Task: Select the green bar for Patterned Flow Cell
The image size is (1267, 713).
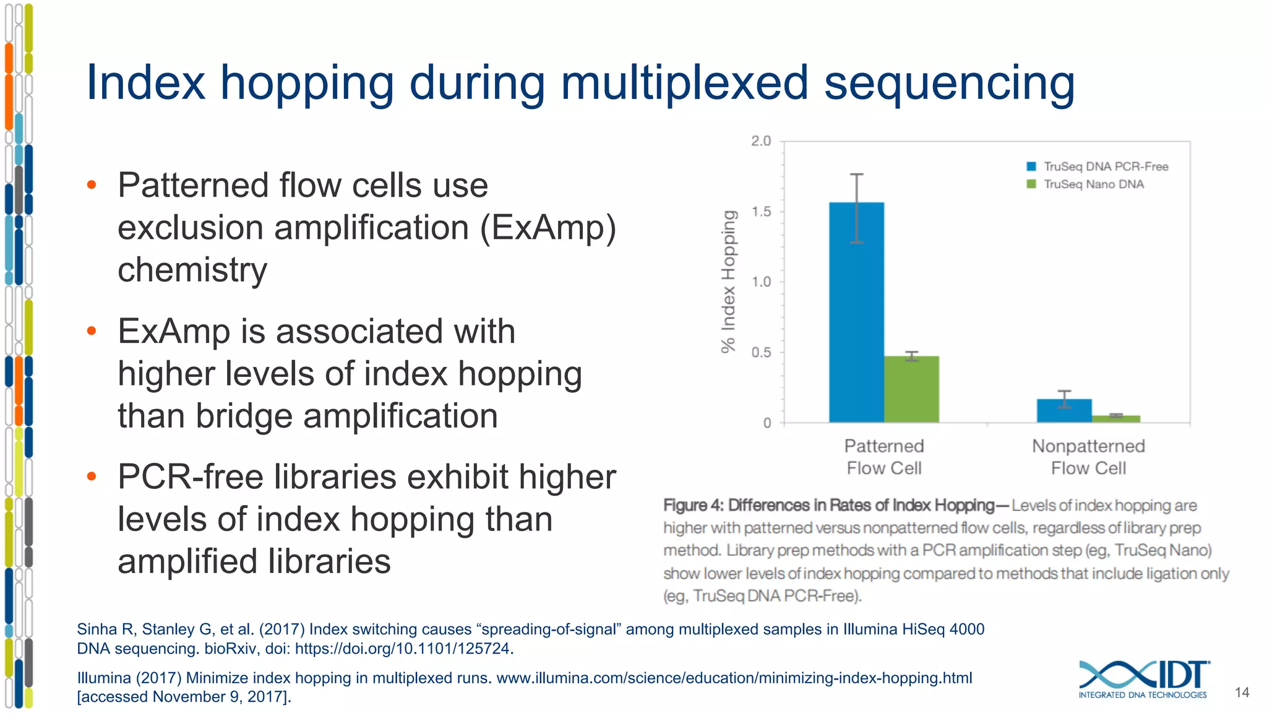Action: click(x=911, y=389)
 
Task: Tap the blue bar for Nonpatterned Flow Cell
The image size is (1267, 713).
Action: click(x=1064, y=411)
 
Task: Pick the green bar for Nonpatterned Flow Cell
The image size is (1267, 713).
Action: click(x=1116, y=419)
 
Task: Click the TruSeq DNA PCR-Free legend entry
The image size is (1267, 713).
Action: click(x=1097, y=166)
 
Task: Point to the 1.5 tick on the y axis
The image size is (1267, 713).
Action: click(x=762, y=212)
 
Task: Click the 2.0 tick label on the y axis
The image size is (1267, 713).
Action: click(x=761, y=141)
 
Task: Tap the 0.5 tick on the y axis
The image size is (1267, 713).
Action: click(x=762, y=352)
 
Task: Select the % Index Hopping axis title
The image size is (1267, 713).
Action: click(x=729, y=282)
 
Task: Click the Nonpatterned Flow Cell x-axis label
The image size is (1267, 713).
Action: click(x=1088, y=457)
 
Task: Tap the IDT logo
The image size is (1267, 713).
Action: click(x=1143, y=678)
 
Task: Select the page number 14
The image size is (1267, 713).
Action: click(x=1242, y=693)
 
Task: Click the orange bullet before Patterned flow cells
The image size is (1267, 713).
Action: click(x=92, y=184)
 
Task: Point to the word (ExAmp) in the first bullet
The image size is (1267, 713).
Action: click(x=548, y=228)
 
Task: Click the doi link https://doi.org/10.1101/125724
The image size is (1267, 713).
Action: click(x=403, y=649)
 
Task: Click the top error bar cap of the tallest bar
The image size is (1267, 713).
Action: click(x=856, y=175)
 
